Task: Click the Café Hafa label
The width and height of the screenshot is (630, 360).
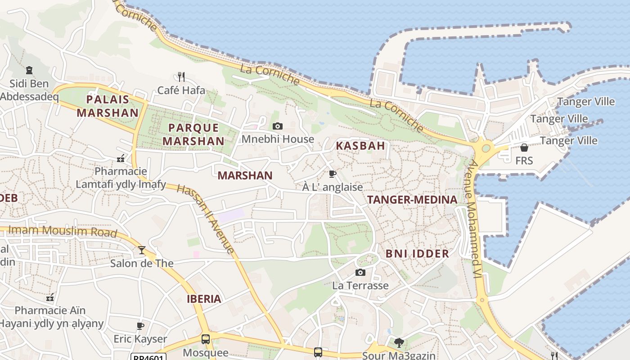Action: coord(181,90)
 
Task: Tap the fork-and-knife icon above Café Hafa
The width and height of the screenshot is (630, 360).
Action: coord(181,76)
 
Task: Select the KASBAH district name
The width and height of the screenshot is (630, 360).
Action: coord(360,146)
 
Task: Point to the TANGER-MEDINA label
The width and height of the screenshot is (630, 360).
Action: coord(412,200)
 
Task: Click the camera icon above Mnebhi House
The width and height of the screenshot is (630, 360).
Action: coord(278,126)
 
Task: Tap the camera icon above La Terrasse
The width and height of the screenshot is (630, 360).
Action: coord(360,272)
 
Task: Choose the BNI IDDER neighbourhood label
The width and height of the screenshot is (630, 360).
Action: coord(417,254)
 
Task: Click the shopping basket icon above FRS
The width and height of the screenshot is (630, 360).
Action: coord(524,148)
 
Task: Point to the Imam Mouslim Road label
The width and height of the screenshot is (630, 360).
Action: coord(63,231)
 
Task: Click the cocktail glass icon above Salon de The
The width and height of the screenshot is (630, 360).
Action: coord(142,250)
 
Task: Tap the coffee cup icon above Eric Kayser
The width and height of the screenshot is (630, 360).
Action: coord(140,325)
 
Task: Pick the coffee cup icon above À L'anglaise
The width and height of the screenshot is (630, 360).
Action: coord(333,174)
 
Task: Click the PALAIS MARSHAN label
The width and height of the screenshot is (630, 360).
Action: coord(108,106)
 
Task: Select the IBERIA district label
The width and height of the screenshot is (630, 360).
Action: coord(204,299)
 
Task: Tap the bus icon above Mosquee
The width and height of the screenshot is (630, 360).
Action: coord(206,339)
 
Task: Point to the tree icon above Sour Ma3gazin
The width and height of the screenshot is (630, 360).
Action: coord(399,343)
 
